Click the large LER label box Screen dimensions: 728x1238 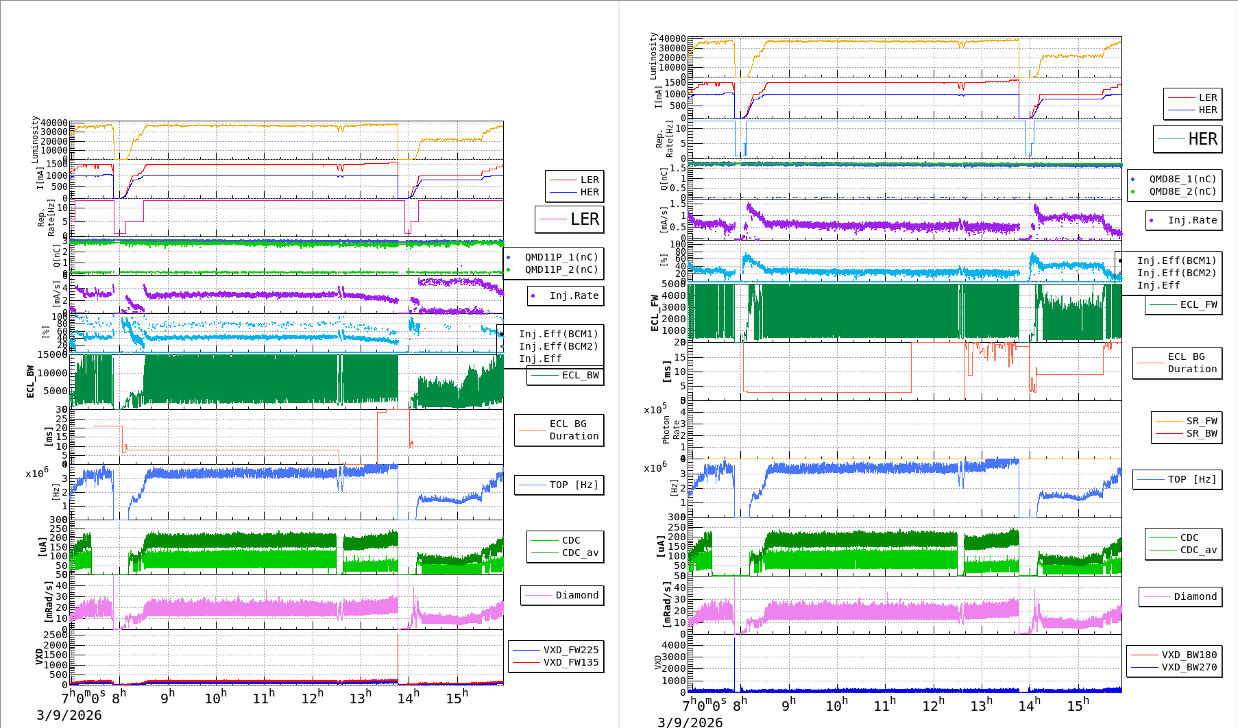[x=569, y=219]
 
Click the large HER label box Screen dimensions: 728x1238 [x=1187, y=139]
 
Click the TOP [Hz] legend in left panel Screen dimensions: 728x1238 [x=559, y=485]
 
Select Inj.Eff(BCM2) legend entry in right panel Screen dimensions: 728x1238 [x=1176, y=273]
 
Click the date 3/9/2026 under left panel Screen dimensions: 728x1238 [x=69, y=715]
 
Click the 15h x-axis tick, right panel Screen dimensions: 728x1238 [x=1078, y=705]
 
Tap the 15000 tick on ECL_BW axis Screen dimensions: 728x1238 [x=52, y=354]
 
